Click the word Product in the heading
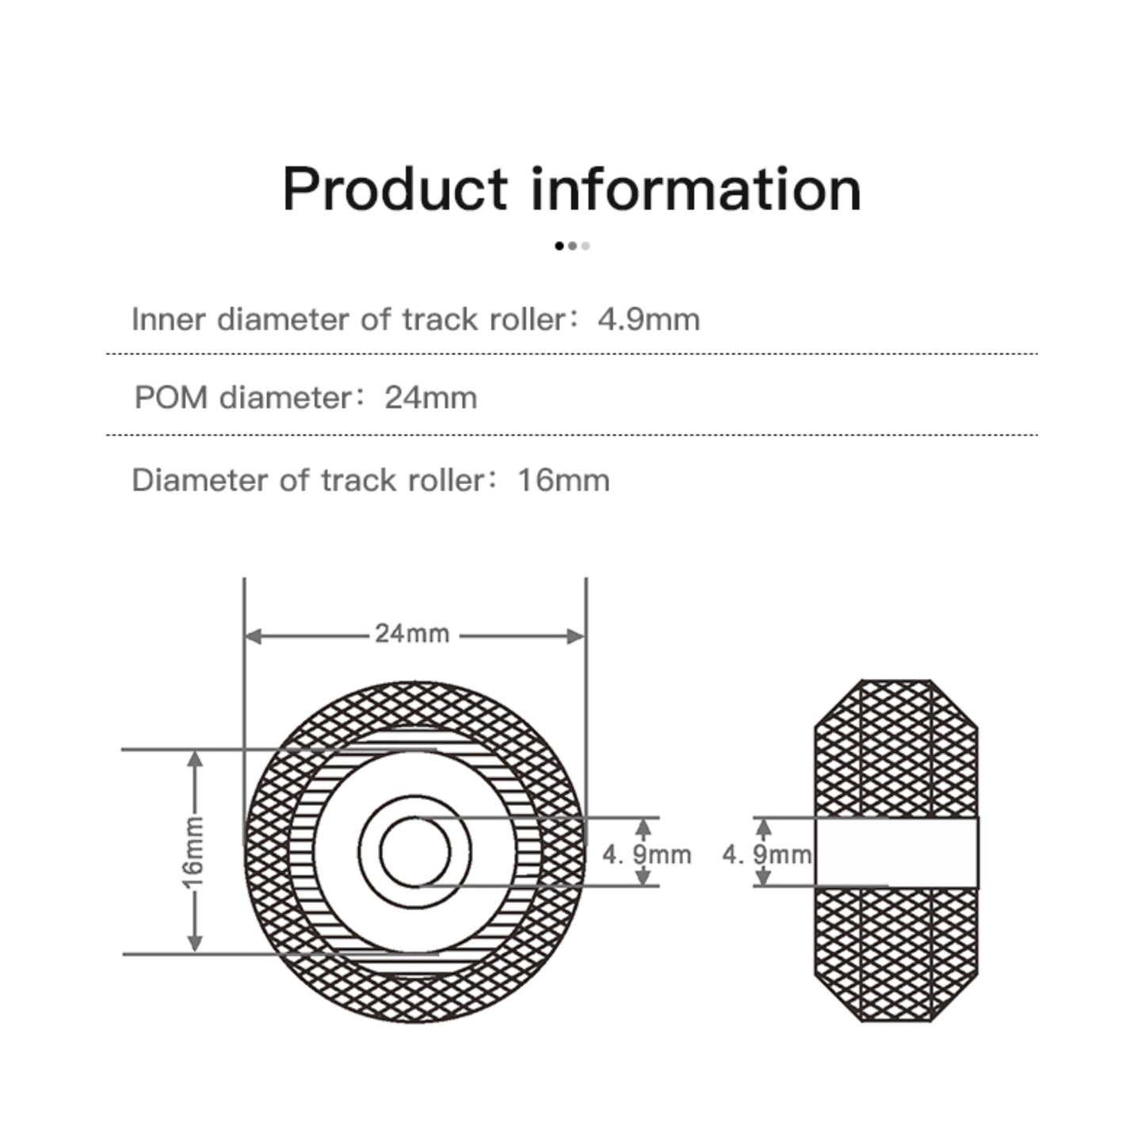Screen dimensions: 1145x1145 coord(394,189)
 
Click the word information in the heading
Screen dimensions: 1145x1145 coord(696,189)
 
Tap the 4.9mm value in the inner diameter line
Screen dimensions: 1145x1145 coord(649,320)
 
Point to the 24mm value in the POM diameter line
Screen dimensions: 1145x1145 coord(430,398)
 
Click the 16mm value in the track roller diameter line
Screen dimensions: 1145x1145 coord(563,481)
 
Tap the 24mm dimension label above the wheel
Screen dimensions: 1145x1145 coord(412,635)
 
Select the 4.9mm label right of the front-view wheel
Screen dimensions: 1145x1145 coord(647,854)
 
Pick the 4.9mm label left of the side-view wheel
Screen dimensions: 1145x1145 coord(766,854)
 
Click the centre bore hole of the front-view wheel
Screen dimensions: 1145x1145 coord(414,853)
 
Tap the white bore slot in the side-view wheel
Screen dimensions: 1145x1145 coord(896,853)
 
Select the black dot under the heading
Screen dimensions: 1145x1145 coord(559,246)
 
